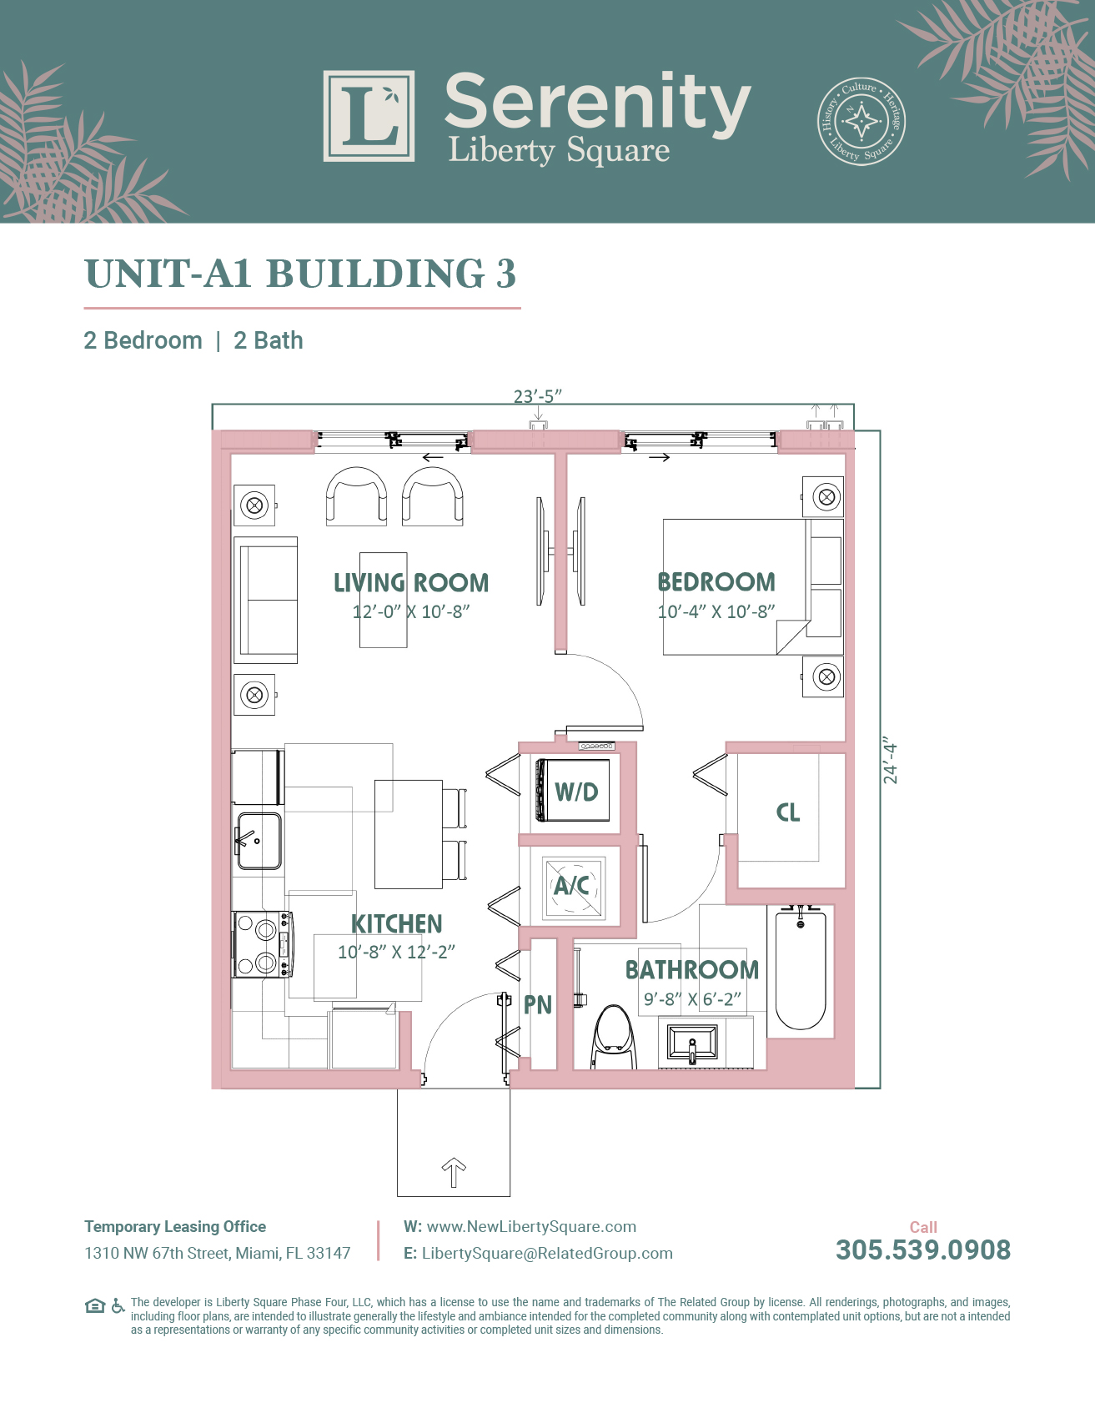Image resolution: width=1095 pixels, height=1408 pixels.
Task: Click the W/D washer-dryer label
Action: [577, 792]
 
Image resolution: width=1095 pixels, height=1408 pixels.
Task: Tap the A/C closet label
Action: [572, 885]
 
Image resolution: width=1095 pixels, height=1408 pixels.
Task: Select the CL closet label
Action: [788, 812]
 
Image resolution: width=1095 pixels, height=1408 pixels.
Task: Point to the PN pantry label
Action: [538, 1005]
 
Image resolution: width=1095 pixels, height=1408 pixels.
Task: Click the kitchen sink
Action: [259, 841]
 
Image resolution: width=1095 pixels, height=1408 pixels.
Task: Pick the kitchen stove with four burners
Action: [262, 944]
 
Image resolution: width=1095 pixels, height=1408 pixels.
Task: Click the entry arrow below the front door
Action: [454, 1173]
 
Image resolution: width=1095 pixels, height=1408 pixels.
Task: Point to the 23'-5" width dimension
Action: [538, 395]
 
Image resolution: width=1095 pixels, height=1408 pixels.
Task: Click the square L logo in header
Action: [369, 116]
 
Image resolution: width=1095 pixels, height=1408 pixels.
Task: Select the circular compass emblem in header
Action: [861, 122]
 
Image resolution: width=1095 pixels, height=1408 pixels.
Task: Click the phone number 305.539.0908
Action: [923, 1250]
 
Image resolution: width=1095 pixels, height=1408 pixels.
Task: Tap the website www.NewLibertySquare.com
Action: [531, 1226]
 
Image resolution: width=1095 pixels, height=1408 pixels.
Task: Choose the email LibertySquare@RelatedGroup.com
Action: [547, 1253]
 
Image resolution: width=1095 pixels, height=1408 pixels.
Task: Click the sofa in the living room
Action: [266, 601]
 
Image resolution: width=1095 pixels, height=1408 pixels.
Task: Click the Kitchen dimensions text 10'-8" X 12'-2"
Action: [396, 952]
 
